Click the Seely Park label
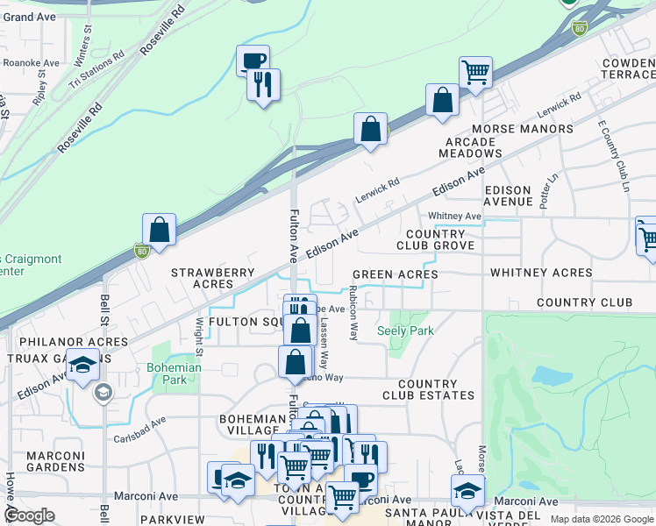point(405,331)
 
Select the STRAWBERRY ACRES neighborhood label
point(211,278)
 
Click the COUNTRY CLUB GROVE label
point(435,239)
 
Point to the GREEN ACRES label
point(396,274)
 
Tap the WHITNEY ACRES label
point(541,273)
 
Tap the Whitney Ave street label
point(454,216)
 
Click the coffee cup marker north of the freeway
point(253,60)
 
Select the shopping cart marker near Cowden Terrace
point(475,72)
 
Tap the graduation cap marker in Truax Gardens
point(83,366)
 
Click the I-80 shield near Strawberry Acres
point(141,251)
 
